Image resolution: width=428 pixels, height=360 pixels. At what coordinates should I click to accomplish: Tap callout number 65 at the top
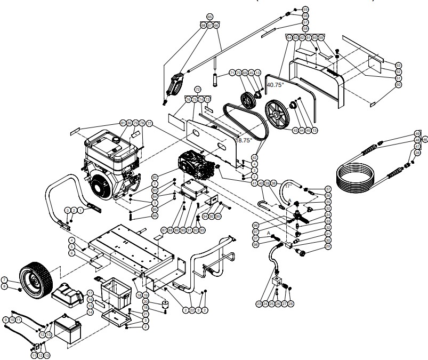pos(209,17)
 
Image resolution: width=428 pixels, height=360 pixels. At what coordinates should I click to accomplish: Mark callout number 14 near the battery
pos(90,312)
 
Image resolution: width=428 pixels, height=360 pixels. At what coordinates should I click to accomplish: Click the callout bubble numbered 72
pos(197,89)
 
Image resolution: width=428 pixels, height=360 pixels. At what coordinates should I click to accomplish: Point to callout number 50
pos(398,84)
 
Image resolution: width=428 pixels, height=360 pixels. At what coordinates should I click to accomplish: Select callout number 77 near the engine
pos(149,123)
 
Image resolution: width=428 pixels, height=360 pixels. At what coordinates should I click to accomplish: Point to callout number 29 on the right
pos(328,247)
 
